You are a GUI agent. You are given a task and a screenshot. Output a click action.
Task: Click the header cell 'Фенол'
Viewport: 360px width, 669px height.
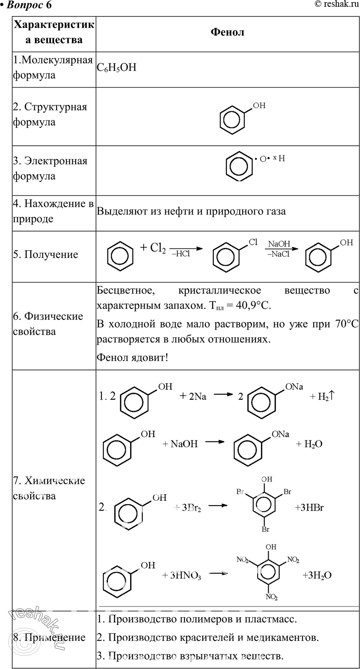point(227,32)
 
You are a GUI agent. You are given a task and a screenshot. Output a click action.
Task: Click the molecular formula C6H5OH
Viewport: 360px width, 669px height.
point(116,68)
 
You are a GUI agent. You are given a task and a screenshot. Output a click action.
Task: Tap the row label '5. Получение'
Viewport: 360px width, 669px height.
point(45,254)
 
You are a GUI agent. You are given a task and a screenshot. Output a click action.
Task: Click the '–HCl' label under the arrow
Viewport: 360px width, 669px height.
point(181,254)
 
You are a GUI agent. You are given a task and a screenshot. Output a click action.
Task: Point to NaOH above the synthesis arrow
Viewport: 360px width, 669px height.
point(279,244)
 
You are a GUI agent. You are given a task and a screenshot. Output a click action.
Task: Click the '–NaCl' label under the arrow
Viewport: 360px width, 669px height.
point(278,254)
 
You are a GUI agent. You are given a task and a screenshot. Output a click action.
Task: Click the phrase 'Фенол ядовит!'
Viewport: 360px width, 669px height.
point(132,357)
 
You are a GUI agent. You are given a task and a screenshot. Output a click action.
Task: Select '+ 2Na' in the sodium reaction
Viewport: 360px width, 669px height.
point(193,396)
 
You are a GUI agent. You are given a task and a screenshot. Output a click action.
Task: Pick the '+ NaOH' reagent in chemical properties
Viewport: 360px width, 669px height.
point(180,444)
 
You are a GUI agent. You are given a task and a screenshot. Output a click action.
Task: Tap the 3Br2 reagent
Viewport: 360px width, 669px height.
point(191,508)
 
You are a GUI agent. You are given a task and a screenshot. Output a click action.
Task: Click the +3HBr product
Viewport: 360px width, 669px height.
point(309,508)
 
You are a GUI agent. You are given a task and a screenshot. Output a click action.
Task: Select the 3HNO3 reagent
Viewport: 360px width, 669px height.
point(185,576)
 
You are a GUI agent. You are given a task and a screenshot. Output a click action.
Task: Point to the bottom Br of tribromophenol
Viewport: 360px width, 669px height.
point(266,529)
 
